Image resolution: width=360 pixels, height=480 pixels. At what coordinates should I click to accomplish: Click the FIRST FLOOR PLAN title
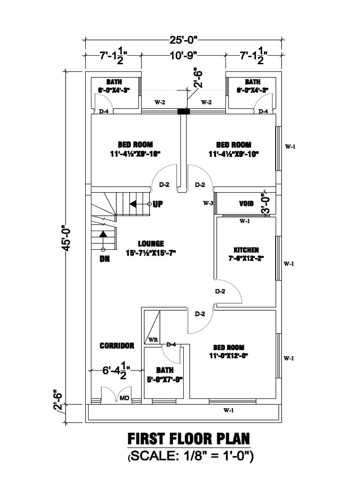click(189, 440)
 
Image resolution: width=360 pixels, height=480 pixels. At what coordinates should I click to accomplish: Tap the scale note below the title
click(190, 456)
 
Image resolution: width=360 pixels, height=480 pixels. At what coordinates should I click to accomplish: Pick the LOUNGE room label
click(151, 244)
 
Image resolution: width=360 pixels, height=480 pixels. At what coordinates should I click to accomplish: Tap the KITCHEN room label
click(246, 250)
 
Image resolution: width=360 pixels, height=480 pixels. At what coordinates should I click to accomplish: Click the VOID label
click(246, 204)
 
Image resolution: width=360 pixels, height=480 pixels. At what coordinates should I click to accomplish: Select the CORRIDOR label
click(117, 345)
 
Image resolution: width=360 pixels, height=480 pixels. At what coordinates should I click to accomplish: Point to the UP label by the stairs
click(158, 204)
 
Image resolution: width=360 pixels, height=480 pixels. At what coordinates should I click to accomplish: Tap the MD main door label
click(125, 398)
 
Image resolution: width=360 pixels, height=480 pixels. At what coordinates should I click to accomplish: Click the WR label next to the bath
click(153, 339)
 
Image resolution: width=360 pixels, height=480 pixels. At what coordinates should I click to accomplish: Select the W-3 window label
click(208, 203)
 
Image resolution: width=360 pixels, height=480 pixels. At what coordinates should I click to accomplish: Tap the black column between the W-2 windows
click(183, 112)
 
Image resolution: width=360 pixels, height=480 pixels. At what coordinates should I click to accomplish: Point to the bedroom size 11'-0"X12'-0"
click(229, 355)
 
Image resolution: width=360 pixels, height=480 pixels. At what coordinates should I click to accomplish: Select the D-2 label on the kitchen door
click(220, 292)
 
